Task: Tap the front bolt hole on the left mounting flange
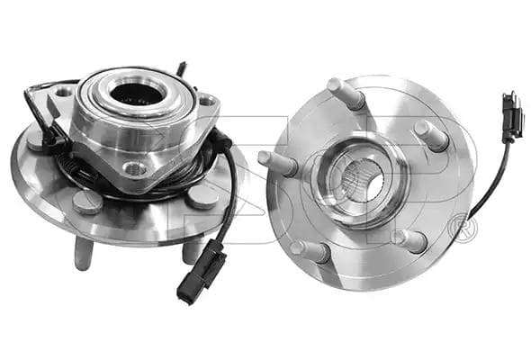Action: coord(135,168)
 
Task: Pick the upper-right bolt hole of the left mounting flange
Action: coord(206,101)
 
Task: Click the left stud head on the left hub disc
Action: coord(87,202)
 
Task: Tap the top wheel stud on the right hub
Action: coord(346,93)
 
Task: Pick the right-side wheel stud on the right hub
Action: coord(431,136)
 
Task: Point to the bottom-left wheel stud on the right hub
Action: coord(310,249)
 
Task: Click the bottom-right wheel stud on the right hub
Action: coord(409,239)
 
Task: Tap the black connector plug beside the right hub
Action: coord(511,115)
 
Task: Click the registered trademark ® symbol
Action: coord(464,228)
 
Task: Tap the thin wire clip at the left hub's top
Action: coord(182,68)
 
